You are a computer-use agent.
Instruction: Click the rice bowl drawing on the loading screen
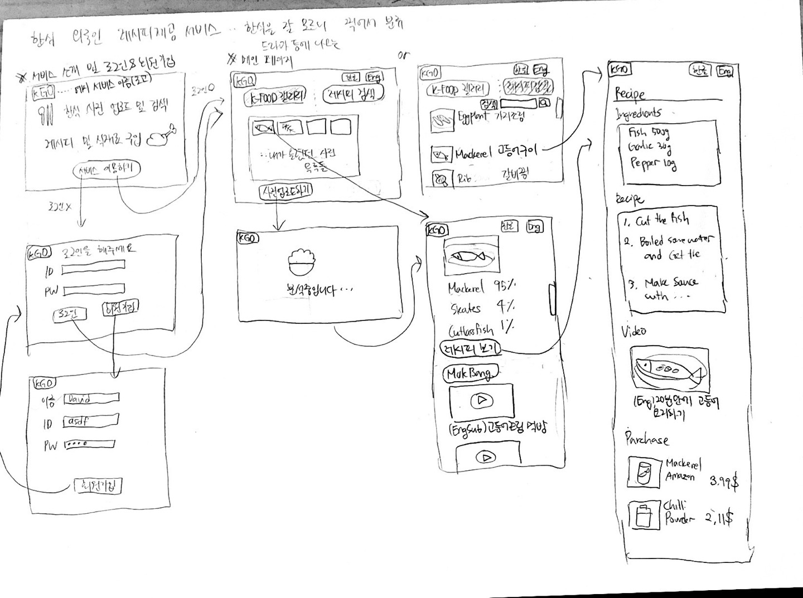301,261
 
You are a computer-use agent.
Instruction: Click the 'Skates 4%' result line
482,307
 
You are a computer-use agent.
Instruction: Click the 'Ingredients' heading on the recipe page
638,113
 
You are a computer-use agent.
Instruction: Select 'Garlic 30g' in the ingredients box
650,148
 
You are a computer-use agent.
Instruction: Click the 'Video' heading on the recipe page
634,330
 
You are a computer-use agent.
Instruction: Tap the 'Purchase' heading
646,439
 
